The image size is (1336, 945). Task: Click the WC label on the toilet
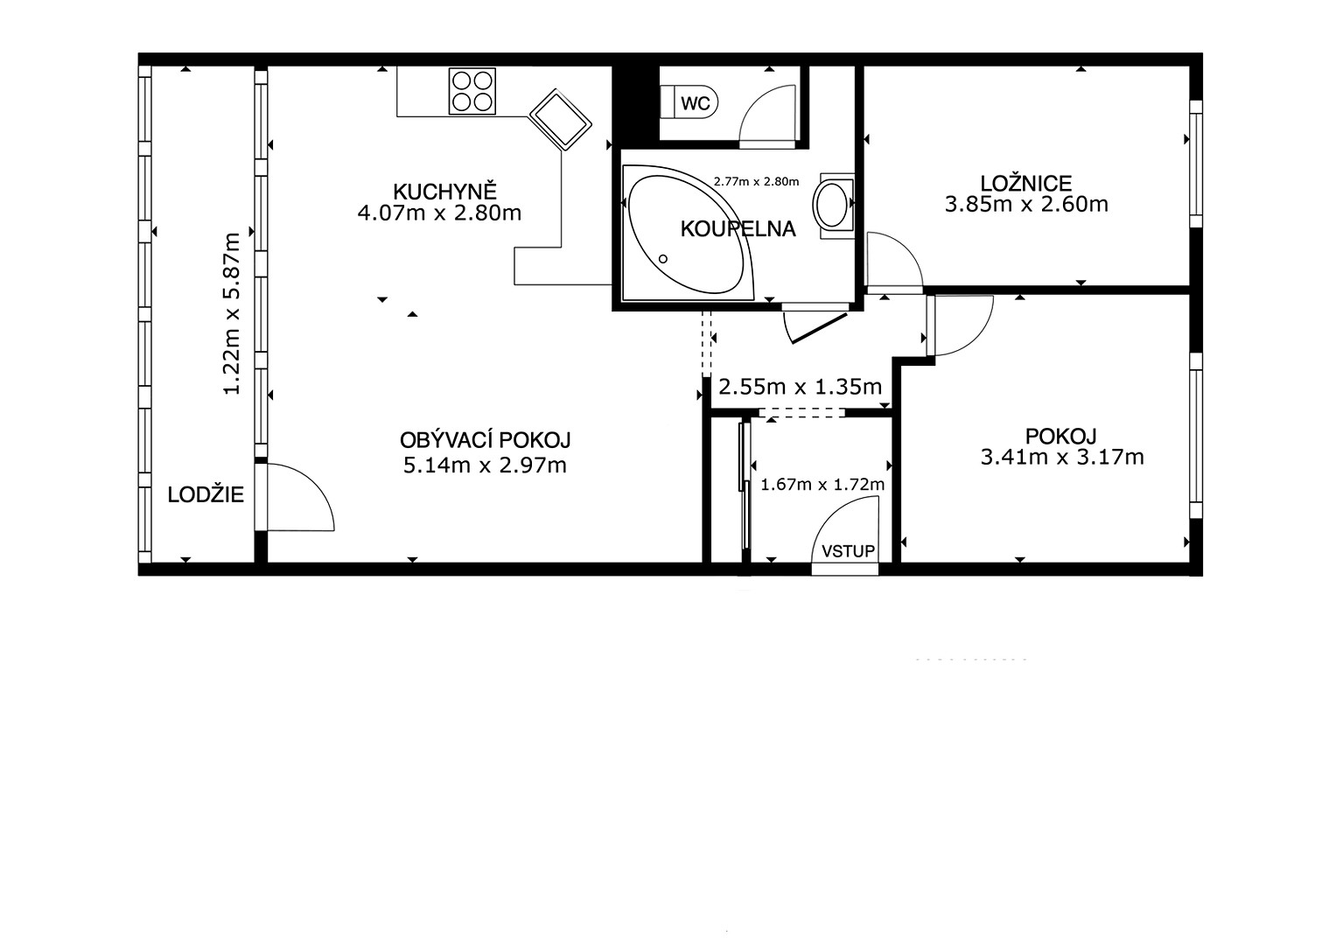[x=696, y=104]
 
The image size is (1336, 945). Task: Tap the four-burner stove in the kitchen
[x=472, y=91]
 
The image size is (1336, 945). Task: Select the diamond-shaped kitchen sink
[x=561, y=120]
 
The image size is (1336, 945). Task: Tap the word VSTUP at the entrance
[x=848, y=551]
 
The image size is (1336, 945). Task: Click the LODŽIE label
[x=206, y=494]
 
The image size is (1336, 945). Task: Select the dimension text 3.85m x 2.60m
[x=1026, y=205]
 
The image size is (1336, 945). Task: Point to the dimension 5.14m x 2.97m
[x=485, y=465]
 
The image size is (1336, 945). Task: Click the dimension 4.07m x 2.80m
[x=439, y=213]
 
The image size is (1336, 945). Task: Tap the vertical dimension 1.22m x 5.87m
[x=231, y=313]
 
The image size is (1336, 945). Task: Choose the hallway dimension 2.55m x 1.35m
[x=801, y=387]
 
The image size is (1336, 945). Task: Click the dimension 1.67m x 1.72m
[x=822, y=485]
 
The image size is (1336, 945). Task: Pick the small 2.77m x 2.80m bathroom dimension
[x=756, y=181]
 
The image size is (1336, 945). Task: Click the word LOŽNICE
[x=1026, y=183]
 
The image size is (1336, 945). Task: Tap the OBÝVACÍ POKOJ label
[x=485, y=439]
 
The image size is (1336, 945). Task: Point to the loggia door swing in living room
[x=313, y=486]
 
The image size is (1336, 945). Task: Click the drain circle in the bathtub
[x=662, y=259]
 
